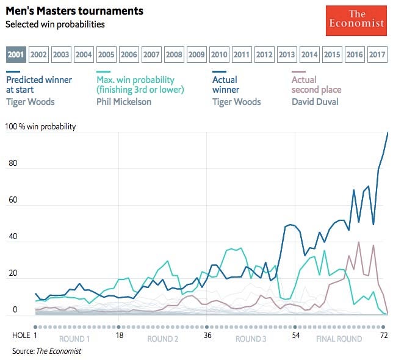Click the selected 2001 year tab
[x=16, y=54]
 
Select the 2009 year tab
[x=196, y=54]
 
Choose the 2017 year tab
[x=377, y=54]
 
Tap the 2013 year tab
[x=287, y=54]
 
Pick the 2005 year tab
[x=106, y=54]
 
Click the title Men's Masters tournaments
[x=75, y=11]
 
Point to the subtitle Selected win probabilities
[x=56, y=24]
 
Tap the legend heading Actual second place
[x=316, y=85]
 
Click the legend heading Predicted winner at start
[x=38, y=85]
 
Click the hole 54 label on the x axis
[x=295, y=336]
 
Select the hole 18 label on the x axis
[x=119, y=336]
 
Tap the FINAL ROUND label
[x=339, y=339]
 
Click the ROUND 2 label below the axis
[x=163, y=339]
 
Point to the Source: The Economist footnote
[x=46, y=351]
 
